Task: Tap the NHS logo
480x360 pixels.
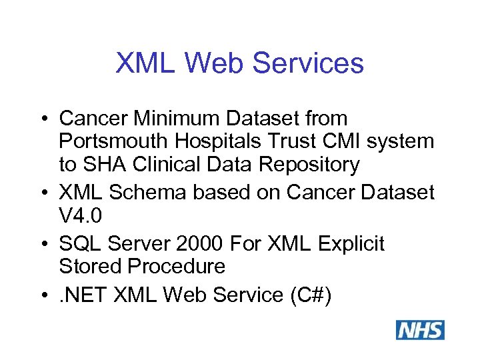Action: tap(420, 330)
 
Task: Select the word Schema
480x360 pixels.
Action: tap(149, 192)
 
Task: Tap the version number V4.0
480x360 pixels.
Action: tap(80, 215)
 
